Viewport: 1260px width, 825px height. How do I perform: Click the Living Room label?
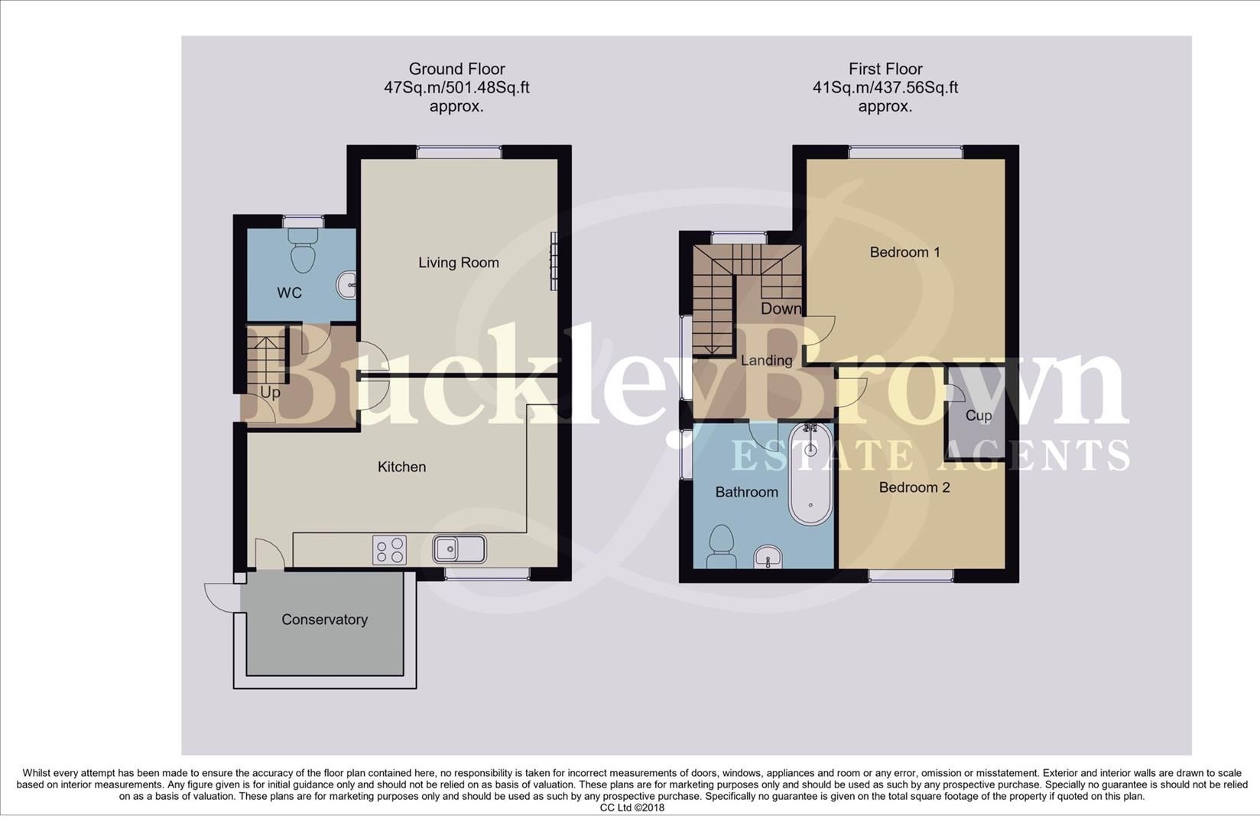458,263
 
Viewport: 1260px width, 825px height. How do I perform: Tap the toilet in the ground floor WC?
304,252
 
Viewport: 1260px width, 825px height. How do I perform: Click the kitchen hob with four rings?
389,550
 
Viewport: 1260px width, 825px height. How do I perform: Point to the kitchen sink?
459,548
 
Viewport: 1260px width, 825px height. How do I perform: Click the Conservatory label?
324,620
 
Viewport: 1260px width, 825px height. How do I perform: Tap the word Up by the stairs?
270,392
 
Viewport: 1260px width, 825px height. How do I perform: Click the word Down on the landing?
781,309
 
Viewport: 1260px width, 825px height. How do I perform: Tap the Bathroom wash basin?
768,558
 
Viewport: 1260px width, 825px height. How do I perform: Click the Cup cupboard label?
978,416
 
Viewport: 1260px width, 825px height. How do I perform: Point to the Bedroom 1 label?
904,252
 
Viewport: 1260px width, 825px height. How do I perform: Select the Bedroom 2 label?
914,487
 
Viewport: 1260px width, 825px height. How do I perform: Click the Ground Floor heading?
456,69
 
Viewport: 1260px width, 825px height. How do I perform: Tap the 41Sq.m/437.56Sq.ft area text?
885,88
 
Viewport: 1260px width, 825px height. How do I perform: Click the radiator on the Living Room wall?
554,261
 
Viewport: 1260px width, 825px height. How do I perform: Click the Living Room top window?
459,152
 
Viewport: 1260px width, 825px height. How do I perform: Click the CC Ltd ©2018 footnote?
632,807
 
